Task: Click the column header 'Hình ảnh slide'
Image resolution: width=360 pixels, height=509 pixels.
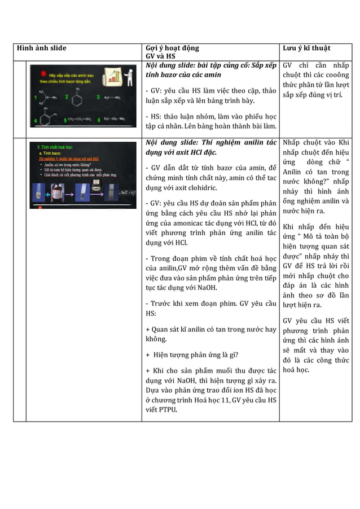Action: (x=42, y=48)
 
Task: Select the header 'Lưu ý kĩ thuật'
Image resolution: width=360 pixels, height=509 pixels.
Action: (x=306, y=48)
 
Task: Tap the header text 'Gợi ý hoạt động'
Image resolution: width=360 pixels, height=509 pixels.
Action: (x=172, y=48)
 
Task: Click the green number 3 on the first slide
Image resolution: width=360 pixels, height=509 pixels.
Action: (x=98, y=97)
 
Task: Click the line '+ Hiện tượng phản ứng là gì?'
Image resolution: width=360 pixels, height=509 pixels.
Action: (x=192, y=354)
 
